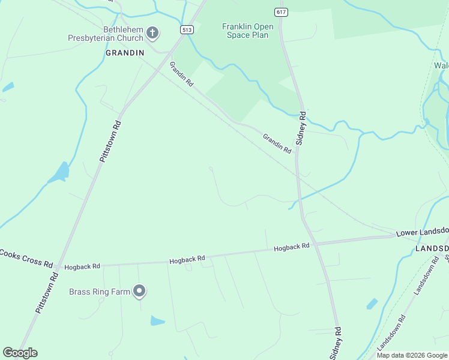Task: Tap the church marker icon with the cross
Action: (152, 32)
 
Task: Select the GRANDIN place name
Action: (125, 53)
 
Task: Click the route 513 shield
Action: (187, 29)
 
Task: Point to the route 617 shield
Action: (280, 12)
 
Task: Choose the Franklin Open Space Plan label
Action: (247, 31)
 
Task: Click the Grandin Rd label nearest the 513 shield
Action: (181, 74)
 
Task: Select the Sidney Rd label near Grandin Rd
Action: (302, 128)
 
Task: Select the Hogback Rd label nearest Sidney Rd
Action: (292, 247)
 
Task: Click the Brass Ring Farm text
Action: (100, 292)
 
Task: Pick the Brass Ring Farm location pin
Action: (139, 292)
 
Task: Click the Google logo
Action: (20, 353)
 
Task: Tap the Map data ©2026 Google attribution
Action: (412, 355)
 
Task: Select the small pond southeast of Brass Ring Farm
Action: (157, 320)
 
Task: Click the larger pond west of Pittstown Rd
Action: (60, 173)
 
